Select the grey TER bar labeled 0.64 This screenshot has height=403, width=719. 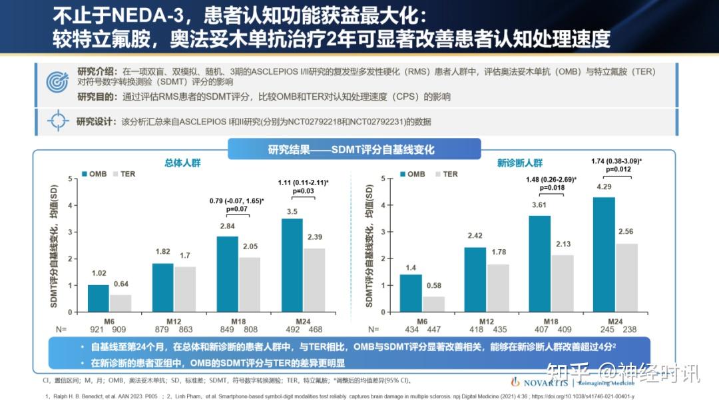120,303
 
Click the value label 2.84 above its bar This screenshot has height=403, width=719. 228,226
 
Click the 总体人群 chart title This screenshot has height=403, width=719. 182,163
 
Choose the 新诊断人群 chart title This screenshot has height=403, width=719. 520,163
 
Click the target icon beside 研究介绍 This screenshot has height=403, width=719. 58,81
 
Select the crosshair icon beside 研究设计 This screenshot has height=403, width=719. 58,121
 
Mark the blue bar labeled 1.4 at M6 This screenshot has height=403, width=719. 411,292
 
